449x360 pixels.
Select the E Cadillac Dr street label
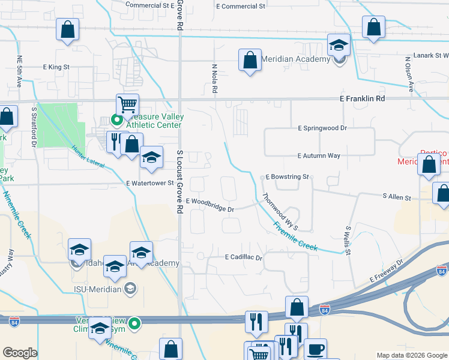pos(244,257)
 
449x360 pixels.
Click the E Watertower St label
pos(149,183)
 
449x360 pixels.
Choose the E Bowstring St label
pos(287,177)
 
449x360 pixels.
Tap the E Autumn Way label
pos(319,155)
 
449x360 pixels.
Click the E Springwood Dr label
pos(322,128)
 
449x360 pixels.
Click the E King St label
pos(56,67)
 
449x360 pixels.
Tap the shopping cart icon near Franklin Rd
pos(127,105)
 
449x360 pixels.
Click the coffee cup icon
pos(315,349)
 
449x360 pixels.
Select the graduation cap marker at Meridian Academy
pos(339,45)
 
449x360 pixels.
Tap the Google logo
pos(20,353)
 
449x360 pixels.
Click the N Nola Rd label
pos(214,79)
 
